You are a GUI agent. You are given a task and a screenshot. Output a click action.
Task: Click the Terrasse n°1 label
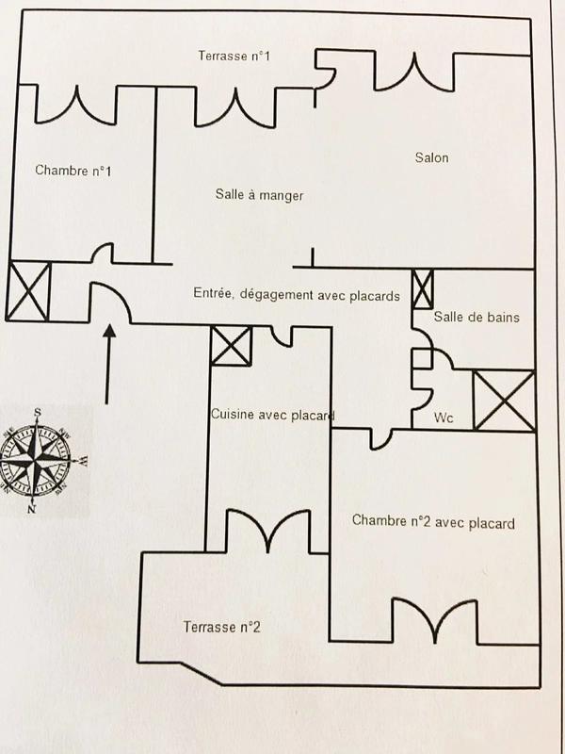pos(234,57)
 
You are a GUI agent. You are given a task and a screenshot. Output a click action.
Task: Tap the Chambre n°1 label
pos(73,171)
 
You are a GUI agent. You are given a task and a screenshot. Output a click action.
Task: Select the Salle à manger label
pos(259,195)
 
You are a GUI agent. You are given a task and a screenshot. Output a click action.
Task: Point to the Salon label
pos(431,157)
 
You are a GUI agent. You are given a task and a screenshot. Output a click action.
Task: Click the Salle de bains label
pos(476,318)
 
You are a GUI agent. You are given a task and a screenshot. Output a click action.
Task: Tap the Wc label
pos(444,417)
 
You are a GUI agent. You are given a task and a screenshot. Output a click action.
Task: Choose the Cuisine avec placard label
pos(273,416)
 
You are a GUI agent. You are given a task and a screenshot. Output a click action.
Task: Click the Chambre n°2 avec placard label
pos(433,521)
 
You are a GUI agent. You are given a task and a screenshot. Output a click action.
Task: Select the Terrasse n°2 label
pos(222,627)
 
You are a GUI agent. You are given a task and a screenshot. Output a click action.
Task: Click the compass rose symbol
pos(39,458)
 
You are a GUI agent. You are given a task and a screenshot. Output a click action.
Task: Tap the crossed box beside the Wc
pos(503,401)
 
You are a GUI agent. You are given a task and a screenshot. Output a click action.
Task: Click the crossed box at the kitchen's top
pos(232,346)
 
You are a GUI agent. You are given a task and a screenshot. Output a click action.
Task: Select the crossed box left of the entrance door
pos(29,291)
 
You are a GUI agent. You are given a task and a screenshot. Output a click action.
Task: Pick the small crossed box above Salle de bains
pos(424,285)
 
